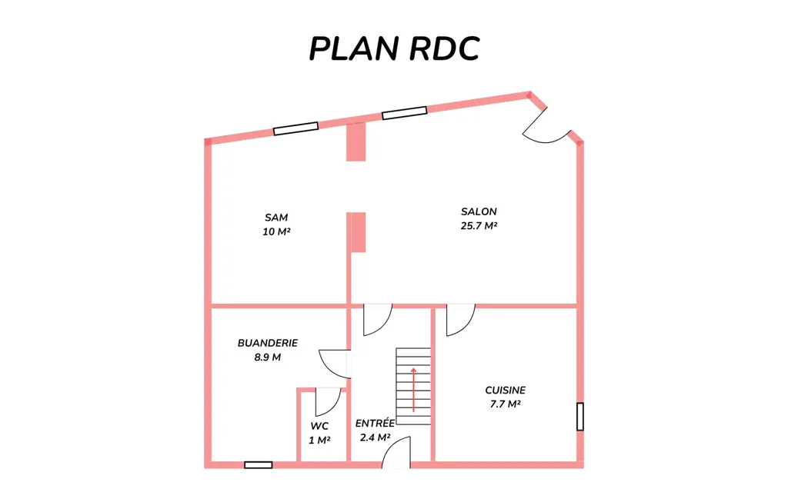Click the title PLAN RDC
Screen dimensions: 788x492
point(394,48)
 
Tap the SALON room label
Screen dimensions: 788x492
point(479,212)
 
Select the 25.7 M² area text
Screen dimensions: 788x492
point(479,226)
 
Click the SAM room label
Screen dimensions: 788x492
point(276,218)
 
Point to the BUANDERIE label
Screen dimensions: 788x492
point(268,343)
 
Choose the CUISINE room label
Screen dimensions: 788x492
point(506,390)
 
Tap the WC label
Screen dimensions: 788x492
point(319,426)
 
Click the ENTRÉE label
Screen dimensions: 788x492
point(375,424)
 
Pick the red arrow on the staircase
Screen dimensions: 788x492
point(413,390)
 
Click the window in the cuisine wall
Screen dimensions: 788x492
point(580,416)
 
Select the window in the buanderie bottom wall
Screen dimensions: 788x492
point(259,465)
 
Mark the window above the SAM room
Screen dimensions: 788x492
point(296,128)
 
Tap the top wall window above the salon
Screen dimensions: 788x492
point(405,113)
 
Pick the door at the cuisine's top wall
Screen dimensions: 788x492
point(460,320)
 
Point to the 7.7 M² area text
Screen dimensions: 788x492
point(506,404)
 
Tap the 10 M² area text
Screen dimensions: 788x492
point(276,231)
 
